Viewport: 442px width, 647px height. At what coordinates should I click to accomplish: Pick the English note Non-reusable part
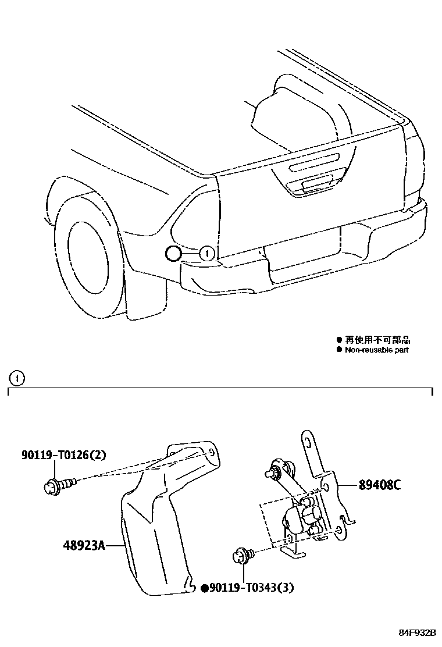point(377,350)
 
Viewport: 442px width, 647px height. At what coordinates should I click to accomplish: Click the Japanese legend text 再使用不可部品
point(381,340)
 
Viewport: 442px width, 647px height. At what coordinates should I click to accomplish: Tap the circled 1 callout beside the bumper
point(208,253)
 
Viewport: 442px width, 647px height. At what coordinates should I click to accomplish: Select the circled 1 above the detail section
point(17,379)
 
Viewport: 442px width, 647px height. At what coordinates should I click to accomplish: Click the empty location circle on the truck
point(173,253)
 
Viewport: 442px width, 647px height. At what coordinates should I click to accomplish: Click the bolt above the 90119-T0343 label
point(241,556)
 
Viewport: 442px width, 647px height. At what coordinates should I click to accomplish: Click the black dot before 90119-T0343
point(205,588)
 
